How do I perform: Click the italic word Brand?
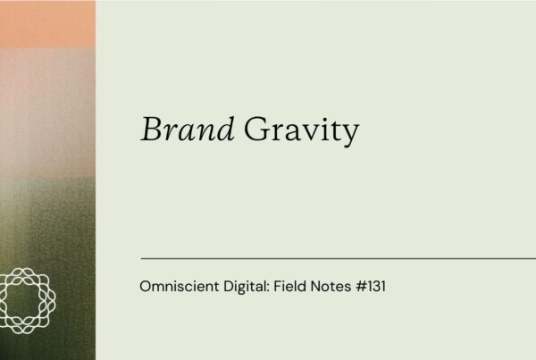[x=188, y=130]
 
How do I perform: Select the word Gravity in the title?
[x=301, y=132]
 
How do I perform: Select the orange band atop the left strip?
[x=47, y=23]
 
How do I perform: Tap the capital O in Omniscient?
[x=147, y=288]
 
